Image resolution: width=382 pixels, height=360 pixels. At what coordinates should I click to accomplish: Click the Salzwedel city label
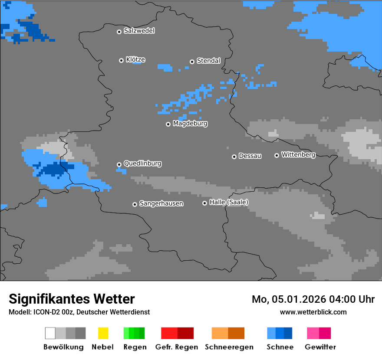139,31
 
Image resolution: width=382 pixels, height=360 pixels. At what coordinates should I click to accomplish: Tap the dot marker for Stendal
192,62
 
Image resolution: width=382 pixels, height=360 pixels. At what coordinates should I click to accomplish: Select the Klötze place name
135,59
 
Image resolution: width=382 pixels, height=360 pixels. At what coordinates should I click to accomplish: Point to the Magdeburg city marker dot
168,124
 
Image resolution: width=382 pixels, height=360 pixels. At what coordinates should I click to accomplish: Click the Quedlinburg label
142,164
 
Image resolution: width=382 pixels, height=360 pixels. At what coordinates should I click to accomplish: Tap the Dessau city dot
234,157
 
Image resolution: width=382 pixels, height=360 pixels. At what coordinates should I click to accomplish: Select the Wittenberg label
298,154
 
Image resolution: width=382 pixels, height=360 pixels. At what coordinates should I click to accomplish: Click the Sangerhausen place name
161,203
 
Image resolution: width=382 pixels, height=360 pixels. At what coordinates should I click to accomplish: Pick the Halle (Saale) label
229,202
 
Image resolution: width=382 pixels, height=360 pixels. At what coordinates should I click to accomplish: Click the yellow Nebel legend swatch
103,333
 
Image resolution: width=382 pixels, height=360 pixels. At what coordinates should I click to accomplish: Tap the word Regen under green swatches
135,347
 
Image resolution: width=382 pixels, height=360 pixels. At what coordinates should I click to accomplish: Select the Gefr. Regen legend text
177,347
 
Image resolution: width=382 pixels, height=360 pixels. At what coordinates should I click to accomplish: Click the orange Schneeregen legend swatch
220,333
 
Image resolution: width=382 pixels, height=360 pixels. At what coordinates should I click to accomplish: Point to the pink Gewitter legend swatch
313,333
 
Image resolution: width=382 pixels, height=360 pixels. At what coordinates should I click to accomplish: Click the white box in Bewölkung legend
50,333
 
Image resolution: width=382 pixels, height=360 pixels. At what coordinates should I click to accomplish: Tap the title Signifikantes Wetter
72,299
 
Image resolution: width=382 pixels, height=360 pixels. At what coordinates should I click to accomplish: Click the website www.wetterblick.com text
313,312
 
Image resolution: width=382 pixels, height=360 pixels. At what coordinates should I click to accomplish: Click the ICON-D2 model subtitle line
79,312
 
